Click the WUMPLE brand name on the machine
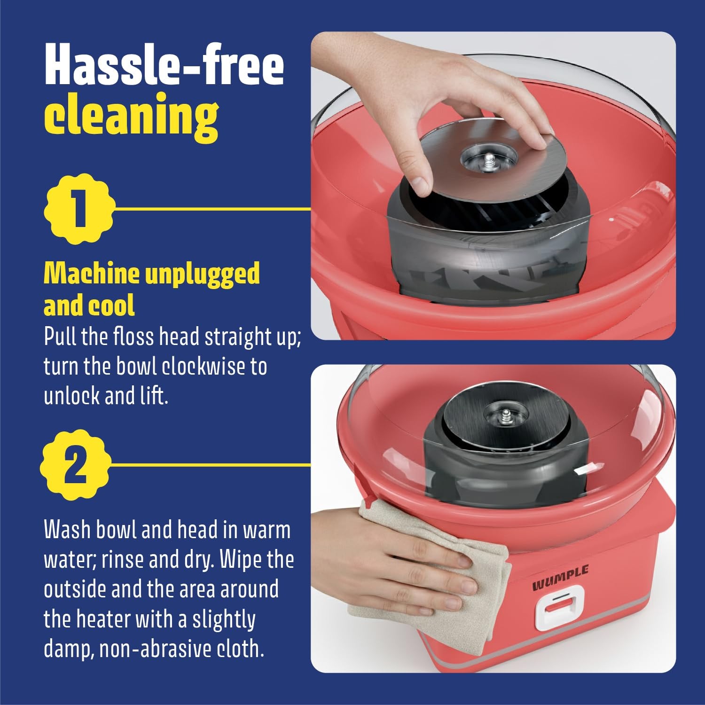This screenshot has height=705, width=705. (x=560, y=578)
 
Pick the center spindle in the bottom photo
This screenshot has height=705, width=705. (x=506, y=416)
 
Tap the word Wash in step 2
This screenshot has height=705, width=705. (x=68, y=530)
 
